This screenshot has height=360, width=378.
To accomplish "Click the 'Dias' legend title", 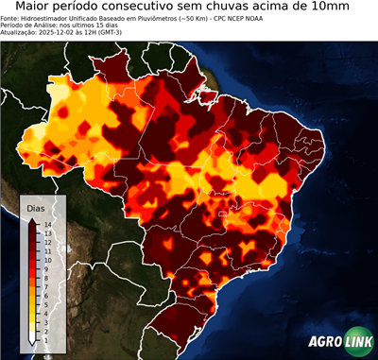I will coord(36,207).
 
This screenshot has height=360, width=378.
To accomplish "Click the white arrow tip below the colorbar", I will coord(33,340).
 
